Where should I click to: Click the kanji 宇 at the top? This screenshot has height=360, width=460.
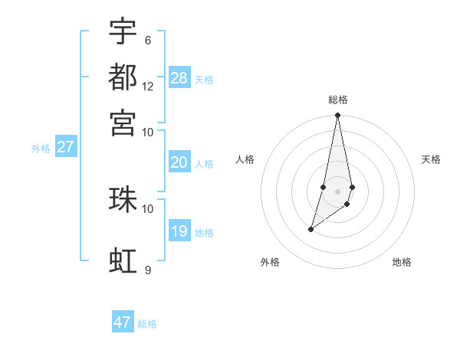point(123,31)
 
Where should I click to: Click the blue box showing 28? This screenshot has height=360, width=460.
point(179,78)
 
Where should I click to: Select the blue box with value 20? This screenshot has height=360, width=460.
point(179,162)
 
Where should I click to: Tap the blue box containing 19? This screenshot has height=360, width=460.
point(179,231)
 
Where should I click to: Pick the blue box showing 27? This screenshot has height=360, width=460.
point(65,147)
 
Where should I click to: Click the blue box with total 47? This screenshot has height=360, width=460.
point(123,322)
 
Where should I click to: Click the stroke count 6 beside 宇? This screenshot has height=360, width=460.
point(148,41)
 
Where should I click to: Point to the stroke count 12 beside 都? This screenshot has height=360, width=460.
point(148,87)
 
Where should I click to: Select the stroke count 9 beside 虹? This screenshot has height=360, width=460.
point(148,270)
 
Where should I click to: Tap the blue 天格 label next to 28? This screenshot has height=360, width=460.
point(204,80)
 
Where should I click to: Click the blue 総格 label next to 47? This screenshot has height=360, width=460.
point(147,324)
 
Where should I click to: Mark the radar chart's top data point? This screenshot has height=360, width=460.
point(337,116)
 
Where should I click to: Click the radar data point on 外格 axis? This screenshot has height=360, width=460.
point(310,229)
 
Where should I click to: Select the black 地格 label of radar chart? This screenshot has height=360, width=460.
point(402,262)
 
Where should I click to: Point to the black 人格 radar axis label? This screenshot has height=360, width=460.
point(245,159)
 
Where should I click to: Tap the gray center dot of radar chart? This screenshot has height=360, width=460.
point(337,191)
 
